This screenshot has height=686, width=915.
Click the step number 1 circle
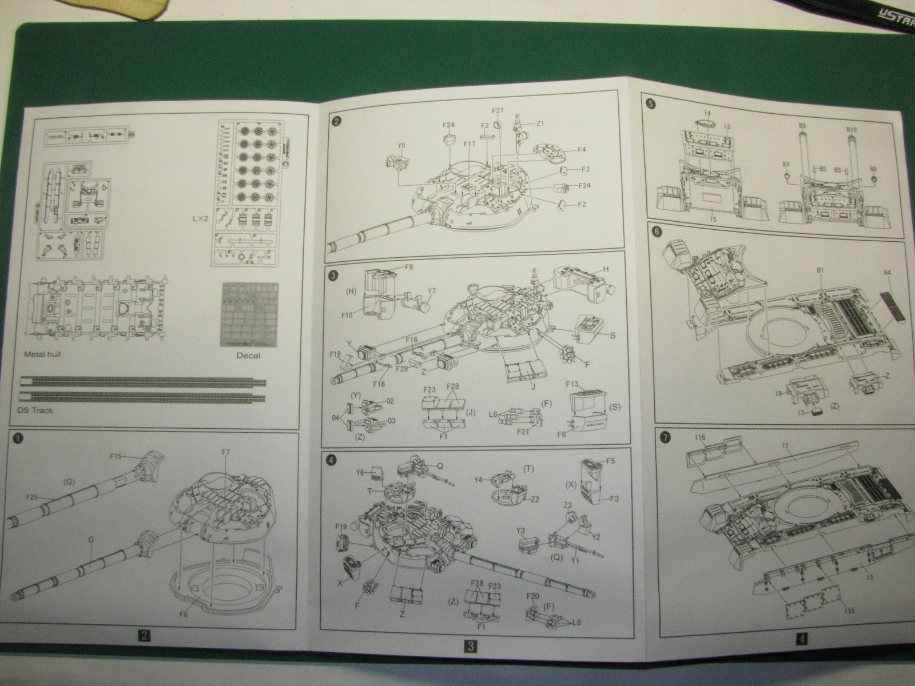pyautogui.click(x=18, y=438)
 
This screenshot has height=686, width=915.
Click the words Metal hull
pyautogui.click(x=42, y=354)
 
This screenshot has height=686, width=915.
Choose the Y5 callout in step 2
pyautogui.click(x=401, y=145)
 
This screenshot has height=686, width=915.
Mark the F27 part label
pyautogui.click(x=498, y=110)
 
